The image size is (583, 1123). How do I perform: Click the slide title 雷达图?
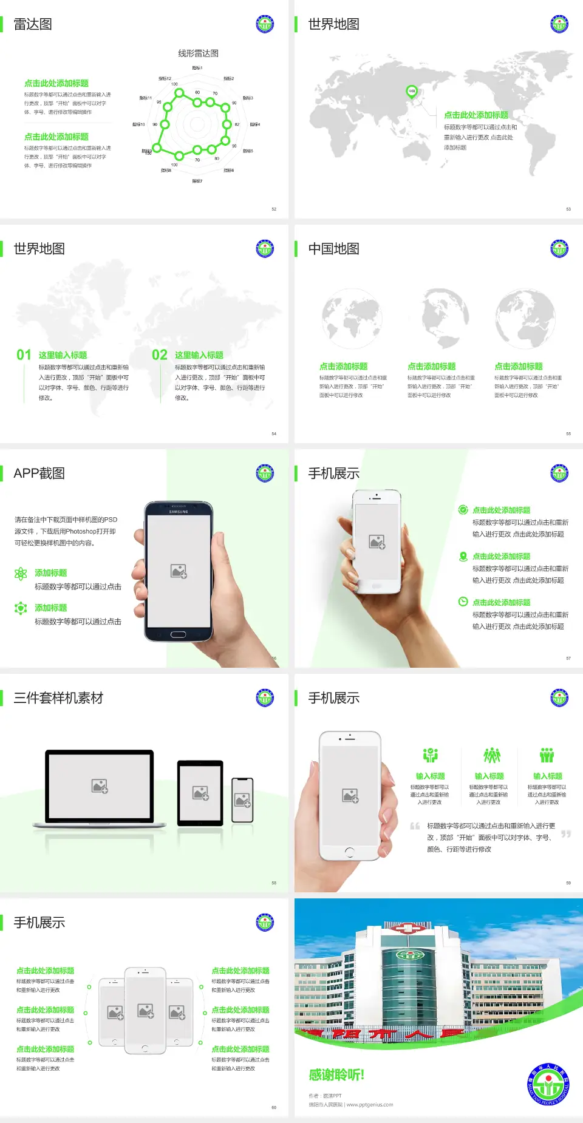pyautogui.click(x=33, y=24)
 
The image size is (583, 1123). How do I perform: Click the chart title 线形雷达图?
pyautogui.click(x=198, y=53)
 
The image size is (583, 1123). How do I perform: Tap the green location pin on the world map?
pyautogui.click(x=412, y=92)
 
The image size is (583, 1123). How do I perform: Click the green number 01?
pyautogui.click(x=24, y=355)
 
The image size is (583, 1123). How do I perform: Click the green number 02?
pyautogui.click(x=160, y=355)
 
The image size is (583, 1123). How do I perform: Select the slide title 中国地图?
pyautogui.click(x=333, y=249)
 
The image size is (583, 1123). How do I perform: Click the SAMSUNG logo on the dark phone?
pyautogui.click(x=179, y=512)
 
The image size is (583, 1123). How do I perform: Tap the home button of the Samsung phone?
pyautogui.click(x=178, y=634)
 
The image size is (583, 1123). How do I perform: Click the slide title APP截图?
pyautogui.click(x=39, y=473)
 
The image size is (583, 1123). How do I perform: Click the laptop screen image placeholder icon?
pyautogui.click(x=100, y=786)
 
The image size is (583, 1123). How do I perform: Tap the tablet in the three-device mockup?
pyautogui.click(x=200, y=792)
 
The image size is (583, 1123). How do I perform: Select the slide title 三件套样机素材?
pyautogui.click(x=58, y=698)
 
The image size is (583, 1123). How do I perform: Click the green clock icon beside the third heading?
pyautogui.click(x=463, y=602)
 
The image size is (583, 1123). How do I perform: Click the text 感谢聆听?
pyautogui.click(x=336, y=1075)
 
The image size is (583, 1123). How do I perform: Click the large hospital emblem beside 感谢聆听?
pyautogui.click(x=548, y=1085)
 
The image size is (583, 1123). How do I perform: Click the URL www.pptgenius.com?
pyautogui.click(x=370, y=1105)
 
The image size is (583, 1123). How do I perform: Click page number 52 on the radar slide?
pyautogui.click(x=274, y=209)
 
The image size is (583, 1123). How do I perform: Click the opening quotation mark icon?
pyautogui.click(x=415, y=826)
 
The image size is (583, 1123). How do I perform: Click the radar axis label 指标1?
pyautogui.click(x=197, y=68)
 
